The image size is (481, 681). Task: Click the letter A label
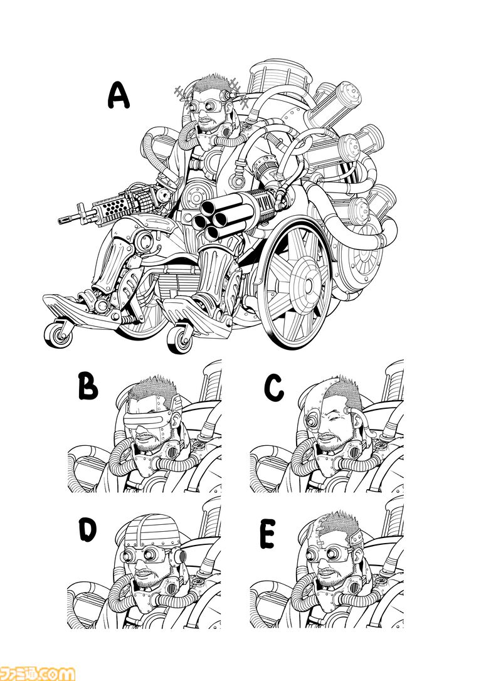click(118, 97)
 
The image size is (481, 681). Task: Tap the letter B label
click(88, 386)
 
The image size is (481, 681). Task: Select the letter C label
click(274, 388)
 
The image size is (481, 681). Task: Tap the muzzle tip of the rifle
click(60, 221)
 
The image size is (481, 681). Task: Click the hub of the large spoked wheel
click(308, 285)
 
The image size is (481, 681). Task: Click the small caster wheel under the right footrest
click(179, 339)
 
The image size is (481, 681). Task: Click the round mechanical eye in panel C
click(311, 420)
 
